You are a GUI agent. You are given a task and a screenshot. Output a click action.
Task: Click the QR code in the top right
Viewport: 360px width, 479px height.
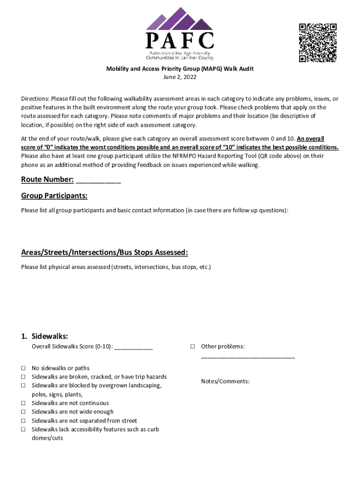[x=317, y=43]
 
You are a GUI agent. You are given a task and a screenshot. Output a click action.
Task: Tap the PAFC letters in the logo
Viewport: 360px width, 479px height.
[x=180, y=41]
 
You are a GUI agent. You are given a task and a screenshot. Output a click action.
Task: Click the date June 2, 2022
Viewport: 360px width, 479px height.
[x=180, y=78]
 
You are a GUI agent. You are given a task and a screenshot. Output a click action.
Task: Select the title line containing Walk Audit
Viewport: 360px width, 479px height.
[x=180, y=69]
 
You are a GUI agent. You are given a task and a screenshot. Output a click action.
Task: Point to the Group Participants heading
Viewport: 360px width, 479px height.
[x=54, y=196]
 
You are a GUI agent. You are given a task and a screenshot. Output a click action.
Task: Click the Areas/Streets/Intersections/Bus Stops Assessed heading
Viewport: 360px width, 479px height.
[x=104, y=253]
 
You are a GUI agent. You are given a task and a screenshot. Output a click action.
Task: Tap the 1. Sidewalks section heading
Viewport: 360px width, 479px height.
[x=45, y=336]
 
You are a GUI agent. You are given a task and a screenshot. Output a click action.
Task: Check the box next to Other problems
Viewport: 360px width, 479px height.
[x=192, y=347]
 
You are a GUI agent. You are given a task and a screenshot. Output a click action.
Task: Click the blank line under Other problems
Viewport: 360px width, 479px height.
[x=248, y=356]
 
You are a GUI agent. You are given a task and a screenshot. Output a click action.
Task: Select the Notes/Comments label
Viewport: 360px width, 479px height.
[x=225, y=381]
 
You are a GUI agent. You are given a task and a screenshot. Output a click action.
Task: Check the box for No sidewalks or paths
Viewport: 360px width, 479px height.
[x=23, y=368]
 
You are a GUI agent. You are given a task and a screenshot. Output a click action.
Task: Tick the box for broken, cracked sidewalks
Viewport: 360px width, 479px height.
[x=23, y=377]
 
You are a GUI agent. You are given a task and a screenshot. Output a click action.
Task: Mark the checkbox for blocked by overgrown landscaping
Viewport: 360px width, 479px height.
[x=23, y=386]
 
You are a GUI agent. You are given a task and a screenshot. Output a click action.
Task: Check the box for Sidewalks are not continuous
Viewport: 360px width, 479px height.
[x=23, y=403]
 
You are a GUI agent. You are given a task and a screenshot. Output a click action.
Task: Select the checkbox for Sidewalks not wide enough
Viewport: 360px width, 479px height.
[x=23, y=412]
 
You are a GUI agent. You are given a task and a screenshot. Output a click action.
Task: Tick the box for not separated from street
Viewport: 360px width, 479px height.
[x=23, y=421]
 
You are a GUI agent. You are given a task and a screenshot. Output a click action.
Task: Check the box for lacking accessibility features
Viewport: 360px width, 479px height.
[x=23, y=429]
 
